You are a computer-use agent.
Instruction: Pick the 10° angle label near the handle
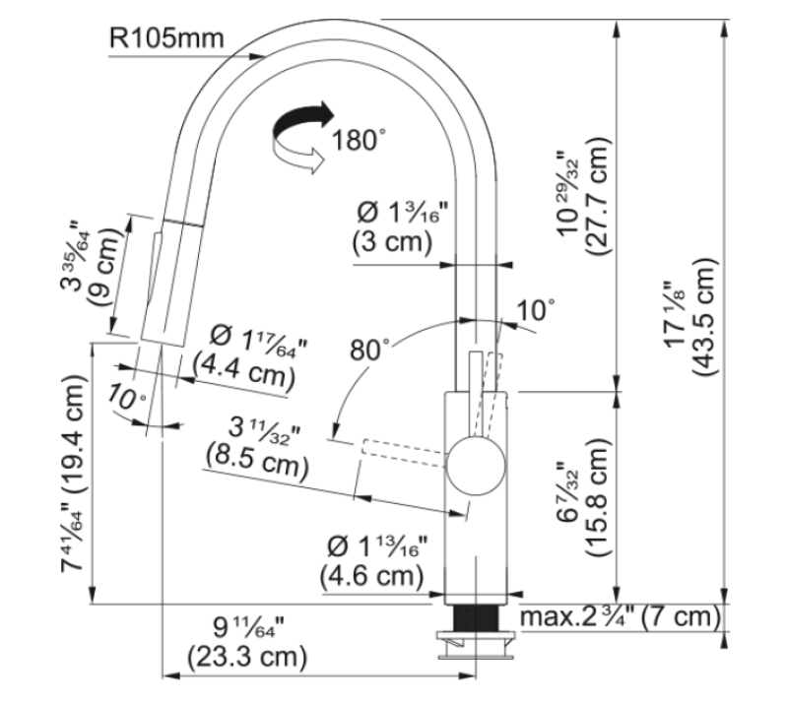point(537,310)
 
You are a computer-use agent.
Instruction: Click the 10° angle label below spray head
point(127,401)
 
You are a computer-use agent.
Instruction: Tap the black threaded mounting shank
point(478,621)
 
